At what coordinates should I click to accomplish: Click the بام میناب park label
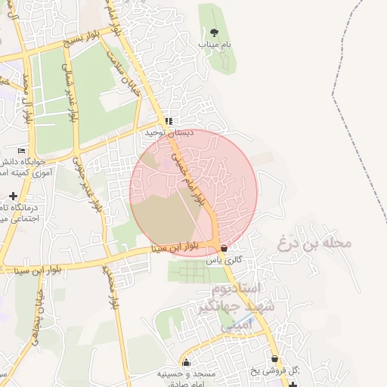(x=215, y=45)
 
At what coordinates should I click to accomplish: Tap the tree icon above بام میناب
(x=215, y=33)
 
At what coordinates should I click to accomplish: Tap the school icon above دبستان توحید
(x=169, y=121)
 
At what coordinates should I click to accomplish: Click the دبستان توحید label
(x=170, y=132)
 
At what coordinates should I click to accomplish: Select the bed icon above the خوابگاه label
(x=21, y=150)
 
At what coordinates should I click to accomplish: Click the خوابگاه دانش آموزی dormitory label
(x=18, y=168)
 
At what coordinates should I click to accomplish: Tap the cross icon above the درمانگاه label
(x=13, y=196)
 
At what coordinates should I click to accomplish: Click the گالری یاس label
(x=224, y=259)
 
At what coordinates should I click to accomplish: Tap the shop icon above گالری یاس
(x=223, y=248)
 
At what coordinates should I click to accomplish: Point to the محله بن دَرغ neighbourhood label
(x=316, y=243)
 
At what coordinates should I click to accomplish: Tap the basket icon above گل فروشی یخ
(x=274, y=359)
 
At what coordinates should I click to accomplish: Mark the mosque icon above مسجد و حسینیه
(x=186, y=363)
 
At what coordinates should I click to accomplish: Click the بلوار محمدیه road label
(x=115, y=292)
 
